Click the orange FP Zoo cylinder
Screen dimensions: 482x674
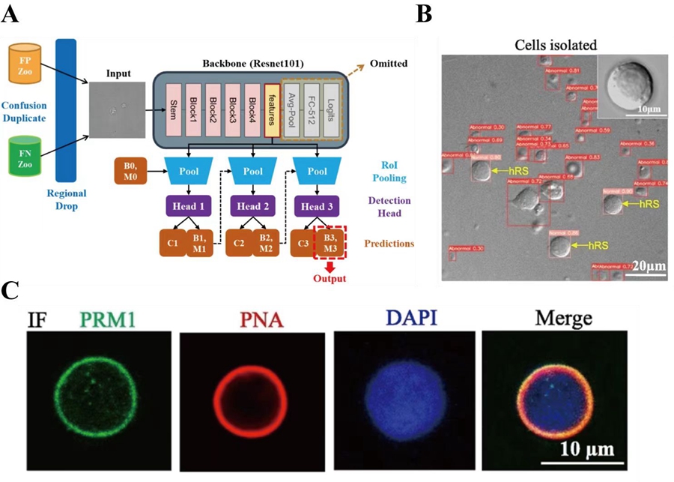(25, 64)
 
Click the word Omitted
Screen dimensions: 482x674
(390, 64)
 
